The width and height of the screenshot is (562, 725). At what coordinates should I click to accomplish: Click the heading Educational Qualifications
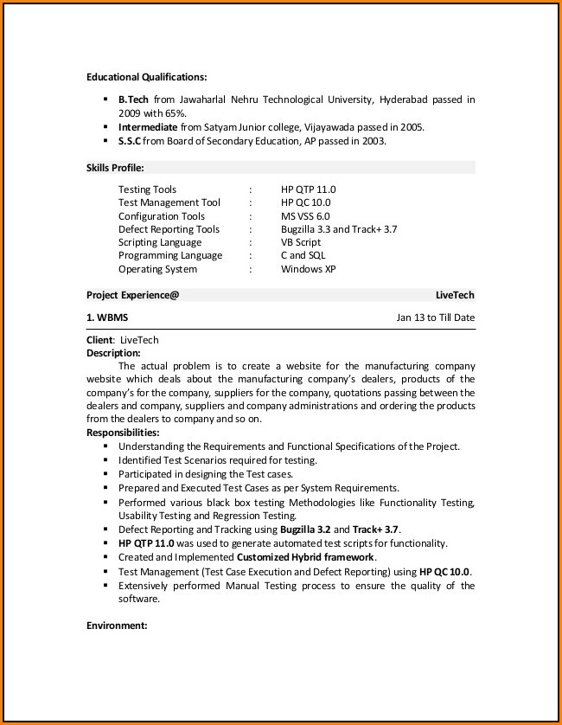[146, 77]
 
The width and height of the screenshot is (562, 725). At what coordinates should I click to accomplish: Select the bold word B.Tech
[133, 99]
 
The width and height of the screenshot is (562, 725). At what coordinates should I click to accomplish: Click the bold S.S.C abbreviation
[129, 141]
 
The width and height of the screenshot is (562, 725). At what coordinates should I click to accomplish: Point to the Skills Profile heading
[115, 167]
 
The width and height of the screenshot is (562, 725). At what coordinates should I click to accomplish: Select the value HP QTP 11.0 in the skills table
[308, 189]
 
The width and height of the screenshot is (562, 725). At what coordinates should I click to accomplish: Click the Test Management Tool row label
[169, 202]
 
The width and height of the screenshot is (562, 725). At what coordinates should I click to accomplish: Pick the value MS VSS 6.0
[305, 216]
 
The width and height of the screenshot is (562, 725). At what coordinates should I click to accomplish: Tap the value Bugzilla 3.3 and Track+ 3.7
[339, 229]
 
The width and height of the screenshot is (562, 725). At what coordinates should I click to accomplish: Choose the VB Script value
[301, 242]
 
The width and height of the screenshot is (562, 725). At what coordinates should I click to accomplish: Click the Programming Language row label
[170, 255]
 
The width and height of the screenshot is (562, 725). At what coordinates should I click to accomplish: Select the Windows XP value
[308, 269]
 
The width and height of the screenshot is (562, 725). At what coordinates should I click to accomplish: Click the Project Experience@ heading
[132, 295]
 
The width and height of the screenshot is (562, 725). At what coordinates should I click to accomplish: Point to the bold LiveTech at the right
[455, 295]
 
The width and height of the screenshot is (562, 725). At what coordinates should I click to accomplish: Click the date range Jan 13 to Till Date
[435, 318]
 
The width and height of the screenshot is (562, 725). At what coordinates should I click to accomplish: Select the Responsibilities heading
[123, 433]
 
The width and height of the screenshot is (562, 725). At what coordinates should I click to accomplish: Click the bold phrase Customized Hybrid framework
[305, 557]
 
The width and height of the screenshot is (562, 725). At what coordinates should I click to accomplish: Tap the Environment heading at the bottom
[117, 625]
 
